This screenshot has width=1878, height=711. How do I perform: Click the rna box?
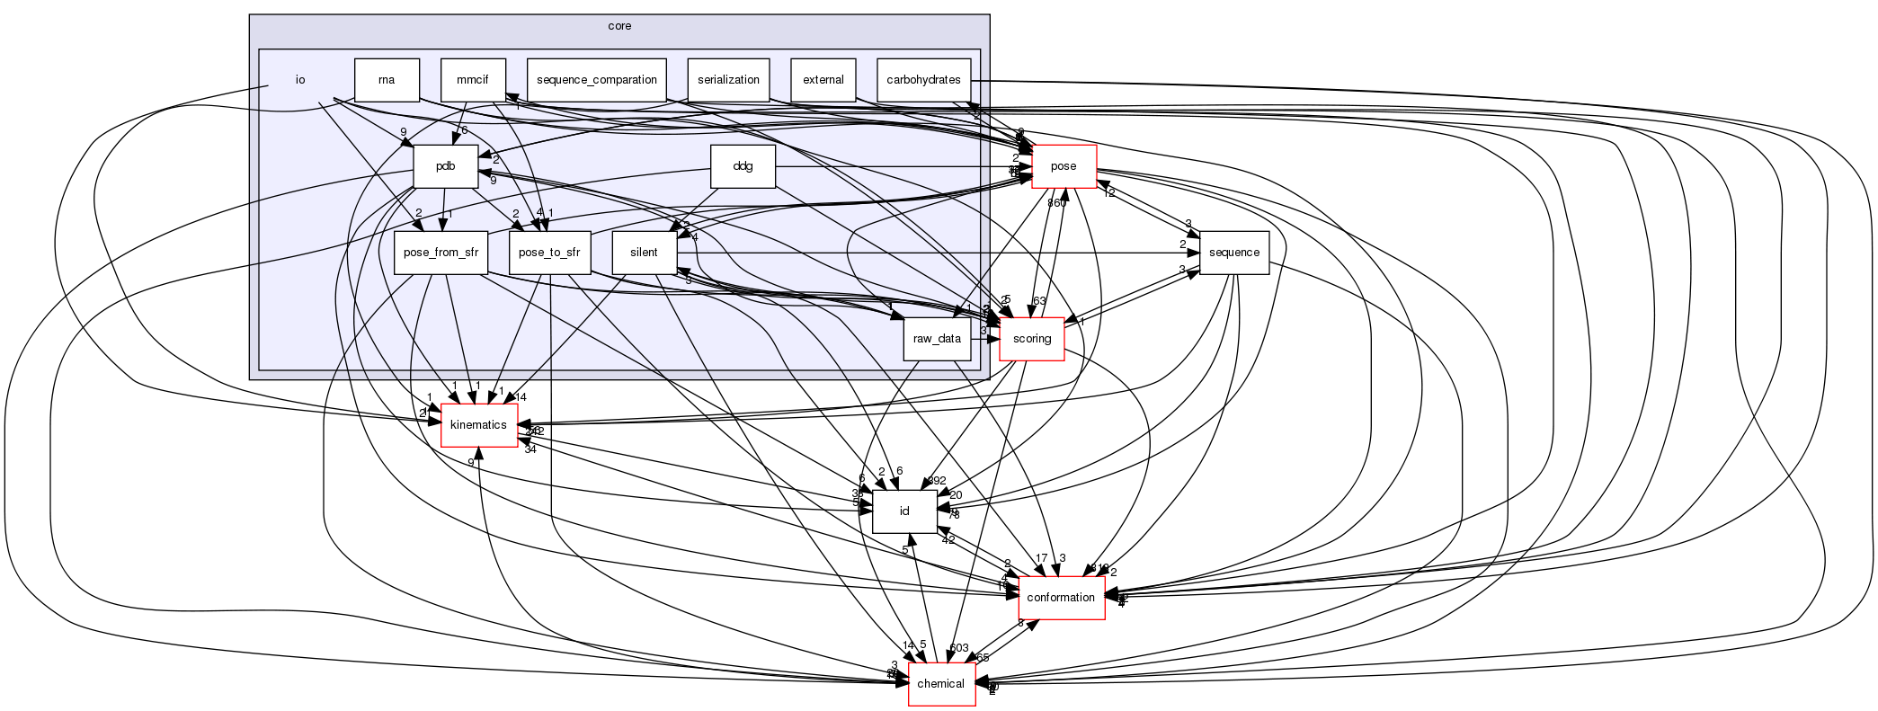(x=387, y=80)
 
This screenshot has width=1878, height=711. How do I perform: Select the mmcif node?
(x=473, y=80)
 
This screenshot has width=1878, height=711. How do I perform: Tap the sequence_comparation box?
(x=597, y=80)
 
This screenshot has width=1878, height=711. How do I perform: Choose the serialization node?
(x=729, y=80)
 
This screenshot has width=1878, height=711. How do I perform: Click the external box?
(x=823, y=80)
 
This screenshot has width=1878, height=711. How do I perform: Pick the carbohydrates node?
(x=924, y=80)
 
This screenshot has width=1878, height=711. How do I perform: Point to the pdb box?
(x=445, y=166)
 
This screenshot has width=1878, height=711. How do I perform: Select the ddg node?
(x=743, y=166)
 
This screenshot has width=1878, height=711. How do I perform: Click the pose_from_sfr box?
(x=441, y=253)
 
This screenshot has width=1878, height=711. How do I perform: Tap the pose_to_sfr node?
(x=549, y=253)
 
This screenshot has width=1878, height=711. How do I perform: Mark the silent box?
(x=644, y=253)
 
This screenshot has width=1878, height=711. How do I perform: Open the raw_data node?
(x=937, y=339)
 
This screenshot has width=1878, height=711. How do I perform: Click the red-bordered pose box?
(x=1064, y=166)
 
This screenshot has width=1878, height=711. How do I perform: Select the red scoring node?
(x=1032, y=339)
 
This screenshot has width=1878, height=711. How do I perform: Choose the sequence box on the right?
(x=1234, y=253)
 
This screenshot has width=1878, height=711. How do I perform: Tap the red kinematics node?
(x=478, y=425)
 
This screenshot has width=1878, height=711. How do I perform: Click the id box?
(x=905, y=511)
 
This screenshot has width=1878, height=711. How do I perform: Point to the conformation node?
(x=1061, y=598)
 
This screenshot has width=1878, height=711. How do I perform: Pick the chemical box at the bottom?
(x=941, y=684)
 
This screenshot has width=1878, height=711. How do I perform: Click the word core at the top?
(x=619, y=26)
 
